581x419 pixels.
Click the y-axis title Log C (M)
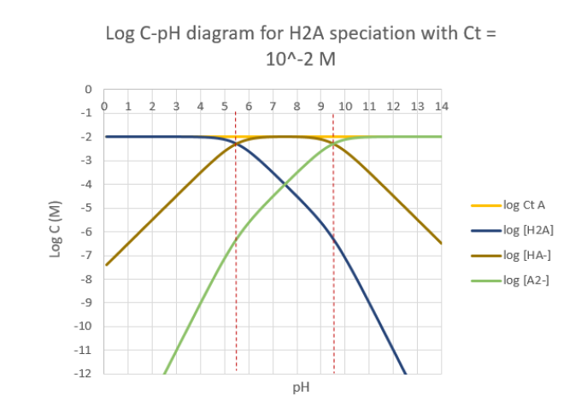[x=56, y=231]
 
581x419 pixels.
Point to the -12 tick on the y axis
[x=85, y=374]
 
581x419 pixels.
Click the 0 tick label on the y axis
[x=87, y=89]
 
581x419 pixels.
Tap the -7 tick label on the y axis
[x=86, y=255]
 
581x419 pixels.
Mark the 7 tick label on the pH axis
[x=273, y=106]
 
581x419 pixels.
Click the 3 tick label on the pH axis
[x=176, y=106]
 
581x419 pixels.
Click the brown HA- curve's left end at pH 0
[x=105, y=264]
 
